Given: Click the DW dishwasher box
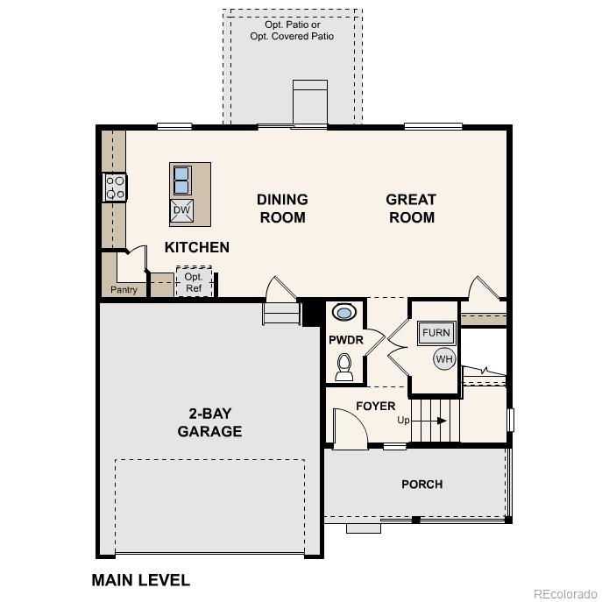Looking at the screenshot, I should (181, 210).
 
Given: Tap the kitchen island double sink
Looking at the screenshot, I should (181, 181).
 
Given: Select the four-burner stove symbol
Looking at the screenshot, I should (115, 187).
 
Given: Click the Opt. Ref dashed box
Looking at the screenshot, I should (194, 282).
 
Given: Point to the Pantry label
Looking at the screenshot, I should (124, 290).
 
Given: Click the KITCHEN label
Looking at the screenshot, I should (197, 248).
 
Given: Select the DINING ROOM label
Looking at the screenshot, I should (281, 209).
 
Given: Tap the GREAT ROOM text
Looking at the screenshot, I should (411, 209).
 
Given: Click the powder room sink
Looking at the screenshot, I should (344, 312).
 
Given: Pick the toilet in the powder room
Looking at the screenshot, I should (344, 365).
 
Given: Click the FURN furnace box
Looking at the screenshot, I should (436, 332).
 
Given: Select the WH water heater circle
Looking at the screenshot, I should (444, 358).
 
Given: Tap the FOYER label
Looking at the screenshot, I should (375, 406).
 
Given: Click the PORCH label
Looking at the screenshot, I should (421, 484).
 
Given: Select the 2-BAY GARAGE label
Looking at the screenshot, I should (209, 422).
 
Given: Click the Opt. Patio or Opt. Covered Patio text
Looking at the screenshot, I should (292, 30).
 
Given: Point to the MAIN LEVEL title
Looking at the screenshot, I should (140, 580).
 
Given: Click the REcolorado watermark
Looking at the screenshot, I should (565, 592).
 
